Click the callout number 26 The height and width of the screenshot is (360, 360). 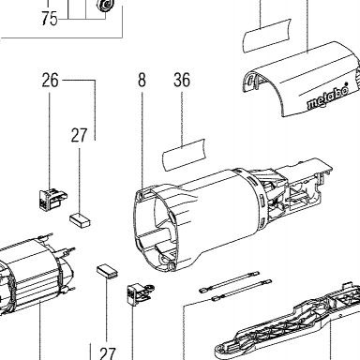point(51,81)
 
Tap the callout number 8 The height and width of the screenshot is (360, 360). point(142,80)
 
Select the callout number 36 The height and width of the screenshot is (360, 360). point(182,80)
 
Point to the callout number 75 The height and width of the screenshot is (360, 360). point(50,19)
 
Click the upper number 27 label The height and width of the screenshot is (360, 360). point(79,135)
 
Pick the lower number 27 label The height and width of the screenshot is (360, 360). point(108,353)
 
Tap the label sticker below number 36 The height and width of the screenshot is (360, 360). point(184,155)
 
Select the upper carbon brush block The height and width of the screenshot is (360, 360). point(80,219)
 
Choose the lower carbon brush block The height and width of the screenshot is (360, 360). point(107,270)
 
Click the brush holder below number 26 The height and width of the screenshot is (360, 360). point(52,200)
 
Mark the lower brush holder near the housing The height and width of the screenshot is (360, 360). point(140,293)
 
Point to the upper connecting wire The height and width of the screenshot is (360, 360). point(230,281)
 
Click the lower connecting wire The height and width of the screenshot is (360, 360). point(242,291)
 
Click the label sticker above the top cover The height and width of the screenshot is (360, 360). point(266,36)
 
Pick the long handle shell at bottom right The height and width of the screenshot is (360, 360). point(286,322)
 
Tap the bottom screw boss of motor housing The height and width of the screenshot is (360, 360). point(171,265)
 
